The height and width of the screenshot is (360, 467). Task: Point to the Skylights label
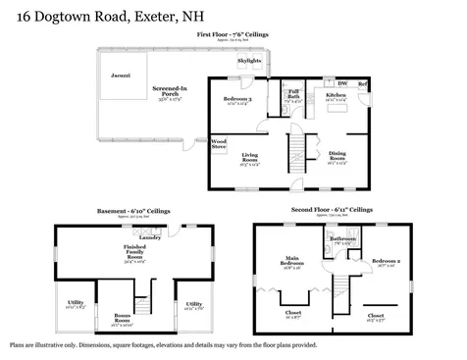click(250, 61)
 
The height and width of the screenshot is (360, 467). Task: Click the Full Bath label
click(293, 96)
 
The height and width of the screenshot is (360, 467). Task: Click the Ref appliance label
click(361, 84)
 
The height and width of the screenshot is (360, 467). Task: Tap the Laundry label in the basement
click(150, 236)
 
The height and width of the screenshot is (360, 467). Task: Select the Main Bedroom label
click(291, 263)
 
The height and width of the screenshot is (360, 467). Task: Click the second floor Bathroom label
click(342, 238)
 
